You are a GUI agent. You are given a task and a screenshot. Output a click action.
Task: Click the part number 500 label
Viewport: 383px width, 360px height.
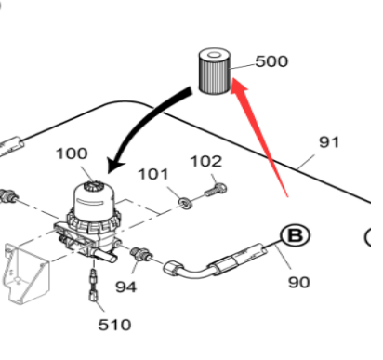pos(271,61)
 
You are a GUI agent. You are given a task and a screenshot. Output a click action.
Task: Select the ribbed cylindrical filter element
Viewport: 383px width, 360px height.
pos(215,72)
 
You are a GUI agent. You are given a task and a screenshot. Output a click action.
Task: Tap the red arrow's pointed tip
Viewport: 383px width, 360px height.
pos(231,78)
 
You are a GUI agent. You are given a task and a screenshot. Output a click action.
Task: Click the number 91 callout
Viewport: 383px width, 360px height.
pos(329,142)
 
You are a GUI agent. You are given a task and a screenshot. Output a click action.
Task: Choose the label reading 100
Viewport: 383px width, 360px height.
pos(72,153)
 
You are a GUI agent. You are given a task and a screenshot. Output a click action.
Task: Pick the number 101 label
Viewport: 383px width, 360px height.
pos(153,174)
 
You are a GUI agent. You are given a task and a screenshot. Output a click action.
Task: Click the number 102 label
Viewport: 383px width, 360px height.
pos(206,162)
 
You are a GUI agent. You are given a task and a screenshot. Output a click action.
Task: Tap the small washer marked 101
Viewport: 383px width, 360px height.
pos(186,204)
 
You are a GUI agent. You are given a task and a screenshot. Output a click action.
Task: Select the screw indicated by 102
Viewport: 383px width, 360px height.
pos(216,190)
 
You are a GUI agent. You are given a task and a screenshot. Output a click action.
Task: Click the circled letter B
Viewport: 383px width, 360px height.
pos(295,235)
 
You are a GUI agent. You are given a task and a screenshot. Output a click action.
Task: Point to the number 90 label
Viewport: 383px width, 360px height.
pos(299,283)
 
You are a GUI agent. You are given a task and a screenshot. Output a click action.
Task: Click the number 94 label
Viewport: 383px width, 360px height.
pos(125,287)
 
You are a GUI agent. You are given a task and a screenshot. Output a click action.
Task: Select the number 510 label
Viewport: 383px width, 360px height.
pos(114,325)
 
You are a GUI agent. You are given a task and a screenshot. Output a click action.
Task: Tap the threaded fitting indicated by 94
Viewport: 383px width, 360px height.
pos(141,254)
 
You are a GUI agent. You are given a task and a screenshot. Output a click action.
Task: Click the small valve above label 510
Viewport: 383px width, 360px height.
pos(93,285)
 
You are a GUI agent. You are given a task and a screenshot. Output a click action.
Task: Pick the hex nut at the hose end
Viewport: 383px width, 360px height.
pos(172,269)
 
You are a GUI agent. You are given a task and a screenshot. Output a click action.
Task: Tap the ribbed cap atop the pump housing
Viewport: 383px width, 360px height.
pos(92,185)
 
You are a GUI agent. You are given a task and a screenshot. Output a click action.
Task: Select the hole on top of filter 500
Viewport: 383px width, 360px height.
pos(214,55)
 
